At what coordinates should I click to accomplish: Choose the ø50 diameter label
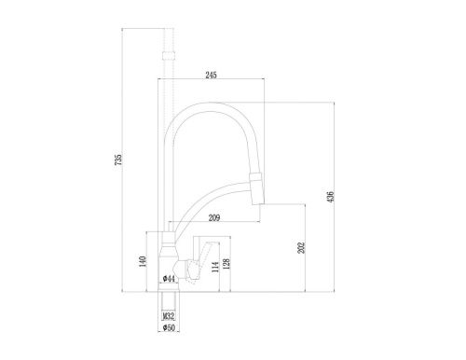pos(169,328)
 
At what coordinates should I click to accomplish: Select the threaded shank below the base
pos(169,303)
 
